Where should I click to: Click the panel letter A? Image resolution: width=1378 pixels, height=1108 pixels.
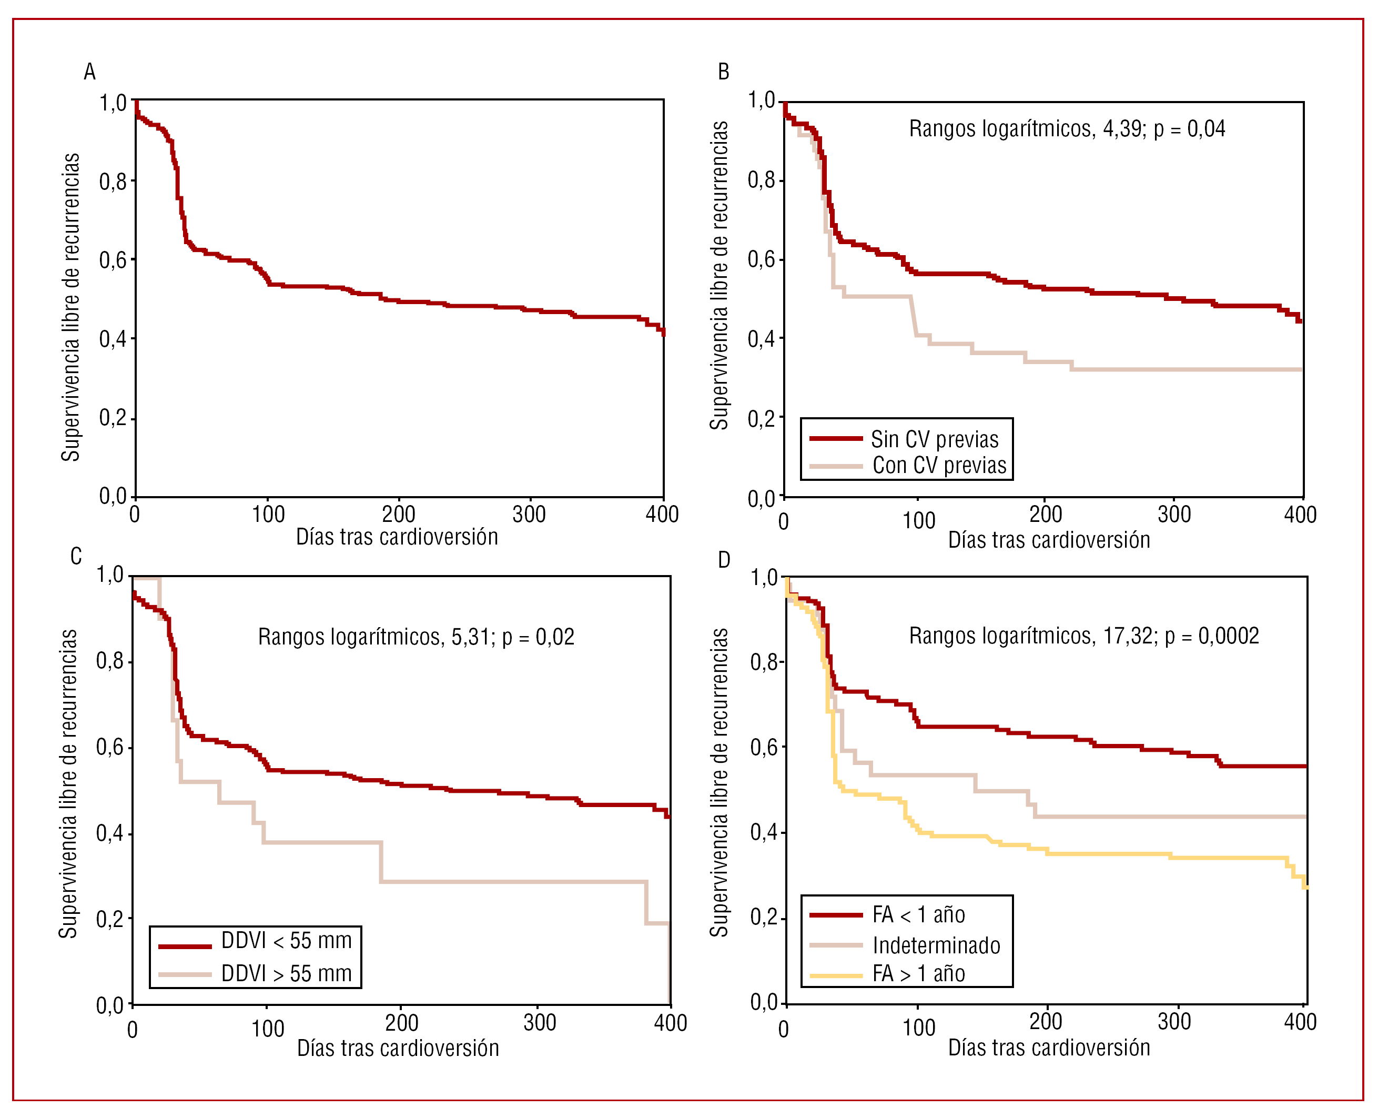coord(89,72)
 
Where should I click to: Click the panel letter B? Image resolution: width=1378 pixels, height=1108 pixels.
coord(724,72)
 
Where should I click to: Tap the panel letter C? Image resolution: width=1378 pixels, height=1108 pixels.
coord(76,556)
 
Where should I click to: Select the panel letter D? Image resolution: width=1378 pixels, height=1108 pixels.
coord(724,560)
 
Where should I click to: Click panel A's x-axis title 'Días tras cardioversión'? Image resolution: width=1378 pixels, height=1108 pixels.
coord(397,537)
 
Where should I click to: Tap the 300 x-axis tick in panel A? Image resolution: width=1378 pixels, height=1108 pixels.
coord(529,515)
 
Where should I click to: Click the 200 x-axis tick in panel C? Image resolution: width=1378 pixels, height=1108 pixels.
coord(401,1023)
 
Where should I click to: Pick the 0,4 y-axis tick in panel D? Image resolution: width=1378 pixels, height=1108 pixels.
coord(764,832)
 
